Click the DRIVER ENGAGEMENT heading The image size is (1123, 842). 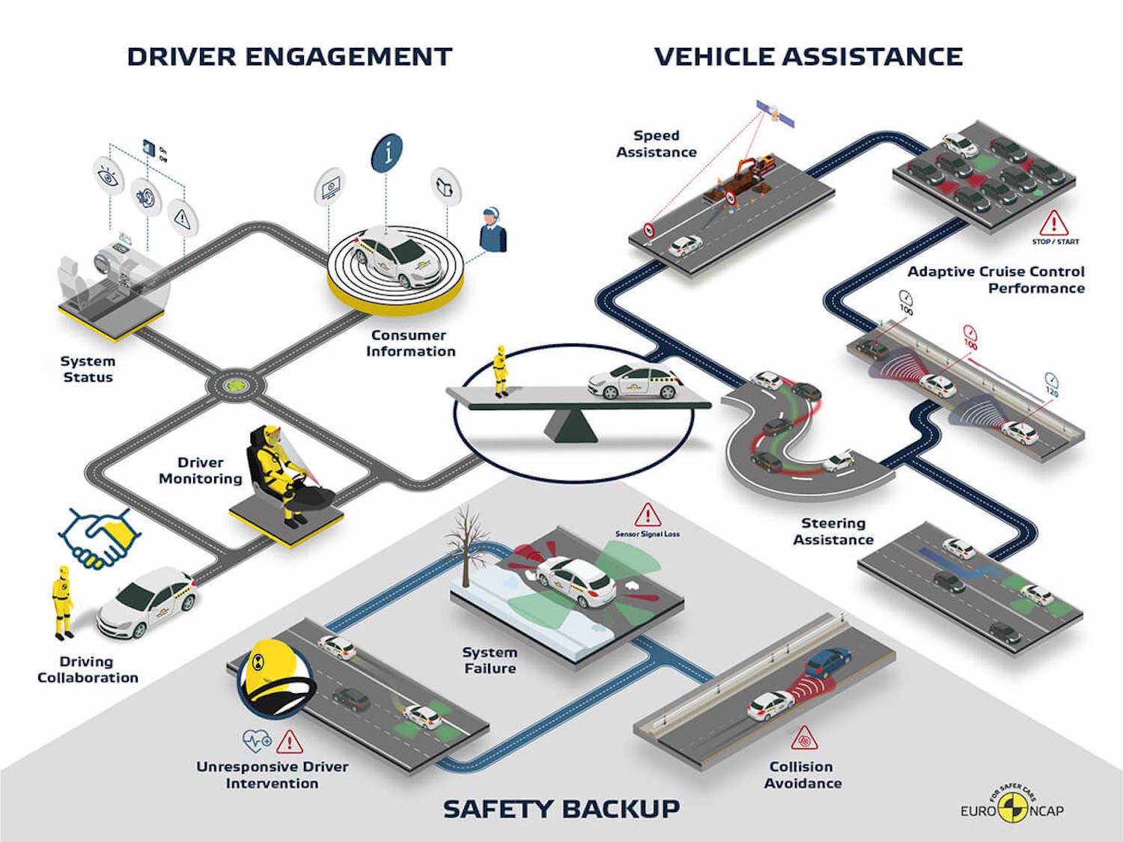289,57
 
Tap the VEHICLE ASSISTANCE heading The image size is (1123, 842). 808,57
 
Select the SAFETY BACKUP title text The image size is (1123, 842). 561,809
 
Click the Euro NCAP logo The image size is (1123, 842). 1012,806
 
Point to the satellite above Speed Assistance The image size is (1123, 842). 774,113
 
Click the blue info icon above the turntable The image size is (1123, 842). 387,153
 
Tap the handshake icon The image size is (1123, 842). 99,538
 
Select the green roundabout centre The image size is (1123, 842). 236,385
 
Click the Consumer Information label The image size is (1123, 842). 410,344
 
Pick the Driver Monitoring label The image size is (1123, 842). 200,471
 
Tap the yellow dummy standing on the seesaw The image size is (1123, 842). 500,370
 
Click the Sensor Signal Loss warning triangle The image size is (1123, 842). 647,515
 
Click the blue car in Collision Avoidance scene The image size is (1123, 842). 827,662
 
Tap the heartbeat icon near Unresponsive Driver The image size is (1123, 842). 256,741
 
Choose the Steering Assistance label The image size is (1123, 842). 833,531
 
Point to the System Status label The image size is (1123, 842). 88,369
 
